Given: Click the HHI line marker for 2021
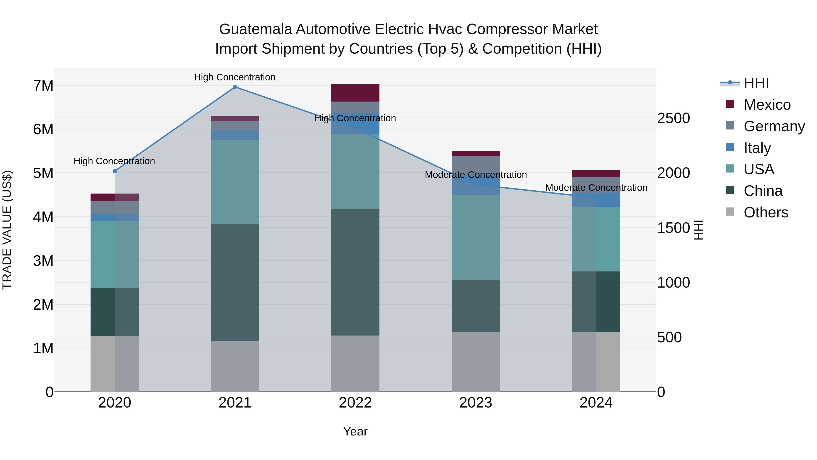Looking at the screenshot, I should (x=235, y=87).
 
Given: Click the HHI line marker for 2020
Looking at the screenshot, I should (x=115, y=171).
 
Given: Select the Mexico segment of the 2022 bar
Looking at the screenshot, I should (x=355, y=93).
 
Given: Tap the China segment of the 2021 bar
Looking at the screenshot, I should (x=235, y=283).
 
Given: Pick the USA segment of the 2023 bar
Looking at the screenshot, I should (x=475, y=238).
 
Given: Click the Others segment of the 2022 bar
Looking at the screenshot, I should (x=355, y=363).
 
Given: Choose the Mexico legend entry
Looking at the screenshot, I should (x=767, y=105).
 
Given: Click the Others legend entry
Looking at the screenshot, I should (x=766, y=212).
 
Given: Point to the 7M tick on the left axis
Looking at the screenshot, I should (x=43, y=86).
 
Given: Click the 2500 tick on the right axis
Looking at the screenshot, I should (x=673, y=118).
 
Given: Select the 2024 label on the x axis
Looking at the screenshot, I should (x=596, y=403).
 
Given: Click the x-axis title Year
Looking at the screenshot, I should (x=355, y=431).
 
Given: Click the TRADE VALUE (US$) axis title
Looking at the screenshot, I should (x=7, y=230).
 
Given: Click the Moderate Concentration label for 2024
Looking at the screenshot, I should (x=596, y=188).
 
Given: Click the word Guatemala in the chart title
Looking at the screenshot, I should (x=255, y=29).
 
